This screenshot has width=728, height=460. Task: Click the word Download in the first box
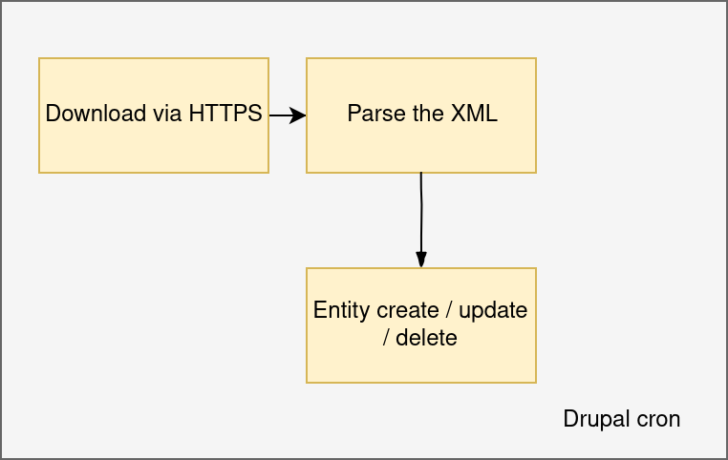(96, 114)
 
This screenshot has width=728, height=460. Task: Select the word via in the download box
(166, 114)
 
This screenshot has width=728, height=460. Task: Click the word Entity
(343, 310)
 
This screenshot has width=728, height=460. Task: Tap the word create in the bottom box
(408, 310)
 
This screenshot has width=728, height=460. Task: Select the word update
(493, 310)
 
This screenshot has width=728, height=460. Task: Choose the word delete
(426, 338)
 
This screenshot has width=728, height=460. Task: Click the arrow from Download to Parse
(288, 115)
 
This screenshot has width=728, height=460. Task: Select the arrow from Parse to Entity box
(421, 220)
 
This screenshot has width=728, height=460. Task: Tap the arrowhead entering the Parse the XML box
(298, 115)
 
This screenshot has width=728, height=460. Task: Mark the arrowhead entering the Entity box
(421, 260)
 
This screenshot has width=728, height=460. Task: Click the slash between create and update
(449, 310)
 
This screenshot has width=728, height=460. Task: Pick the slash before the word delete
(386, 338)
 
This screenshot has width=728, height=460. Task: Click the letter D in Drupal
(571, 419)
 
